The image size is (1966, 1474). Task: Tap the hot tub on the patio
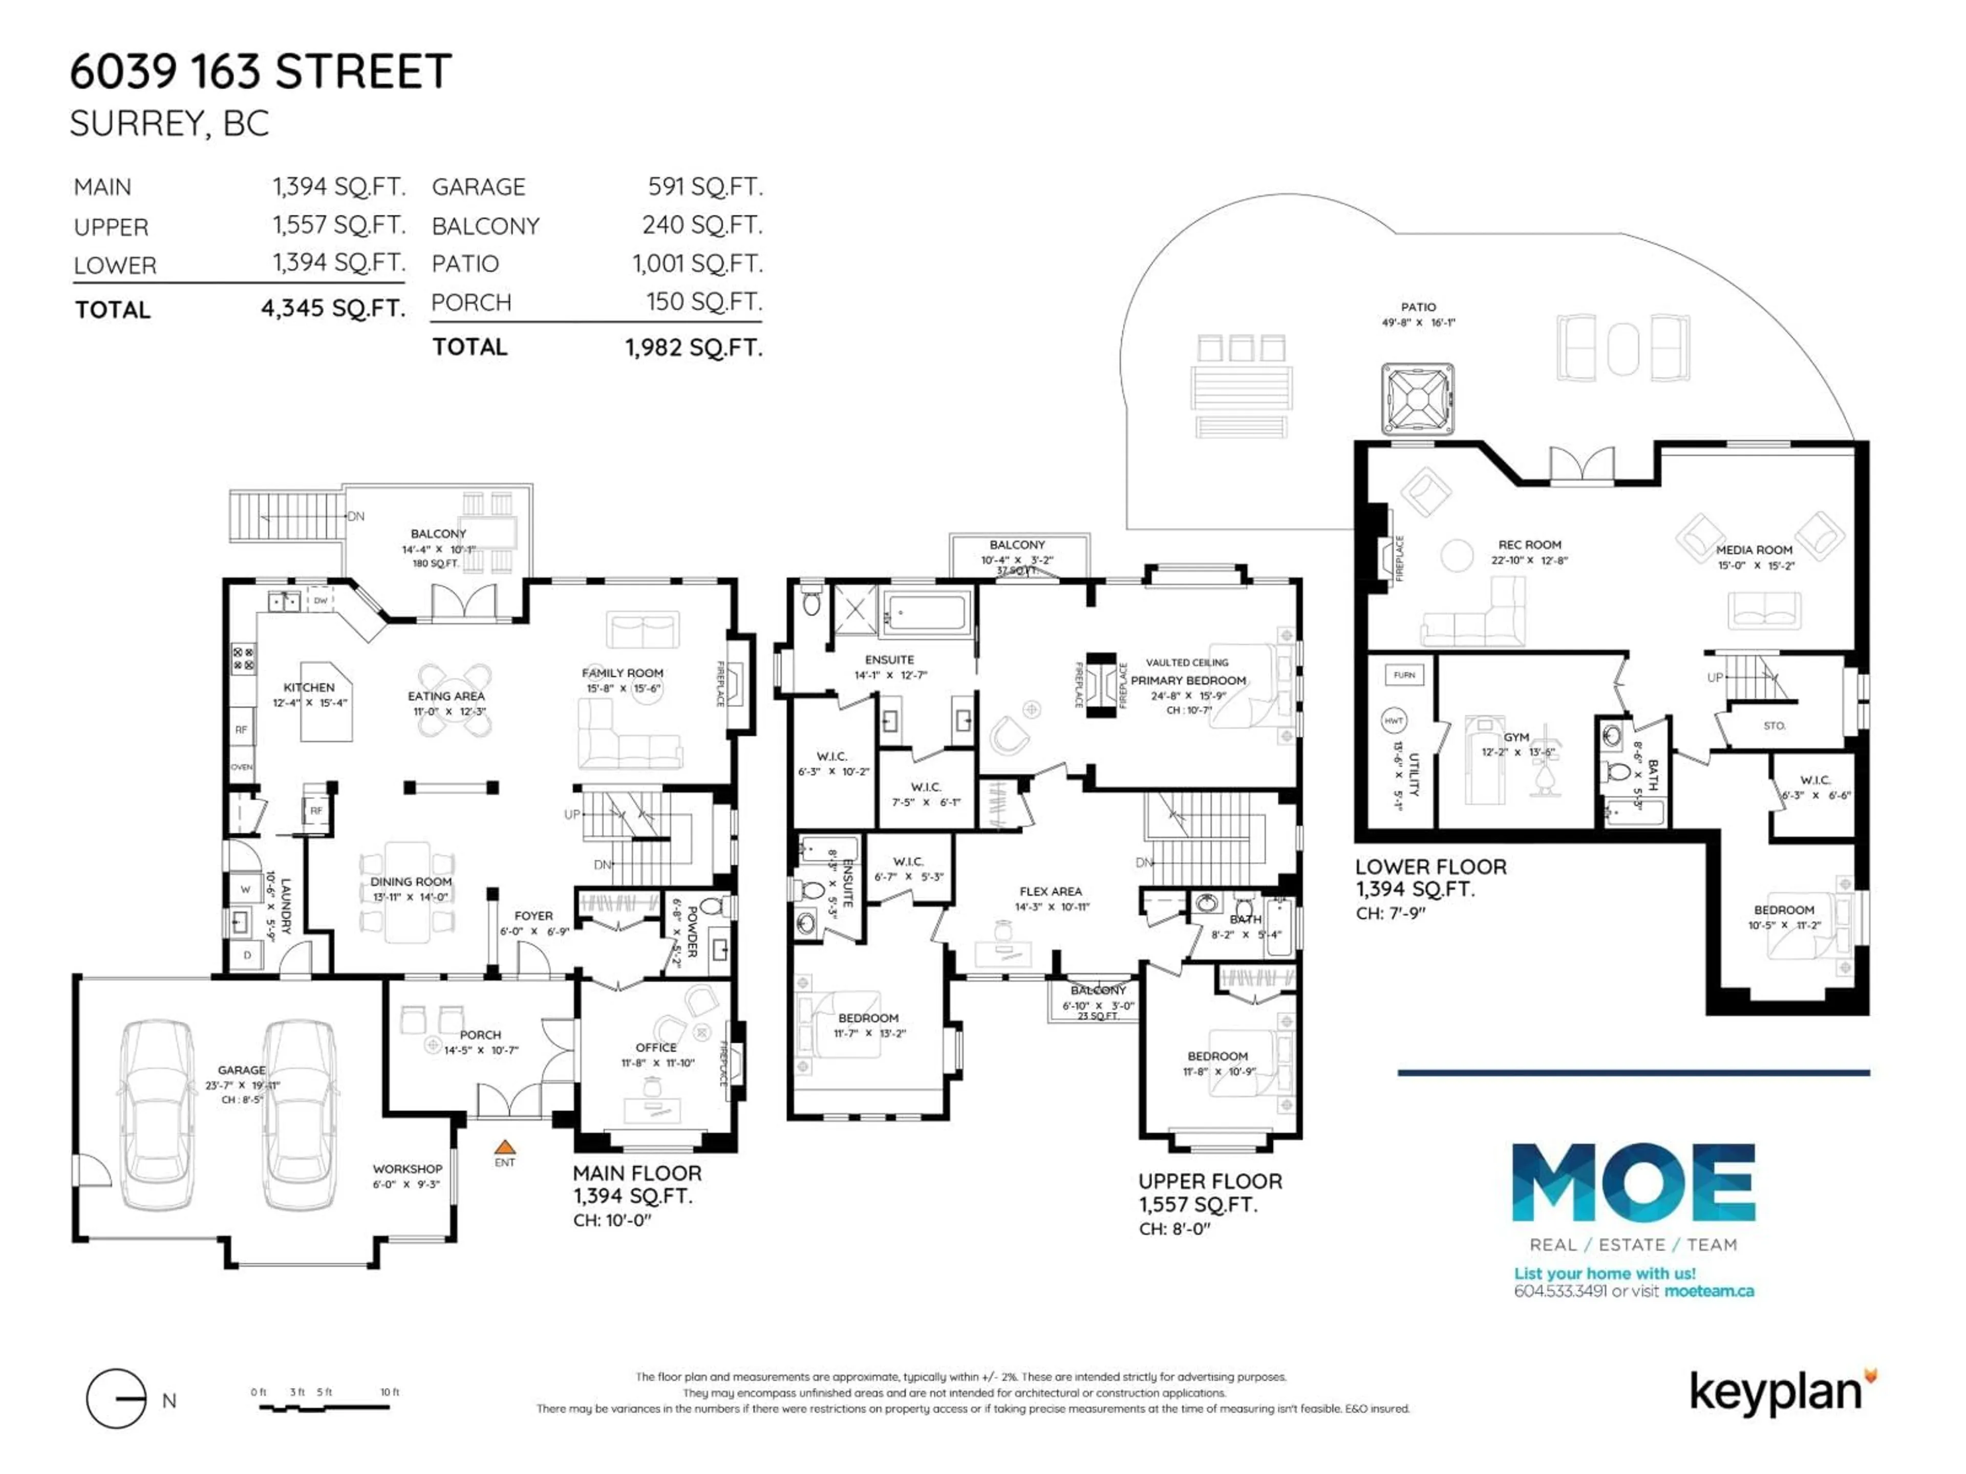[x=1418, y=399]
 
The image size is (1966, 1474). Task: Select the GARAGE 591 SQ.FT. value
[x=705, y=187]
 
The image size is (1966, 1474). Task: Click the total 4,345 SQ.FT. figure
[x=333, y=308]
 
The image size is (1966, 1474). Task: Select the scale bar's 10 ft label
[x=389, y=1392]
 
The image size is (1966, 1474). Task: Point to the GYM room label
[x=1516, y=736]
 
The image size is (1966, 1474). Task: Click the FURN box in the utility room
[x=1404, y=675]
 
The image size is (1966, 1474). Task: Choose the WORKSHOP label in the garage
[x=407, y=1168]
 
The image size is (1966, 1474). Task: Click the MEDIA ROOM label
[x=1754, y=550]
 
